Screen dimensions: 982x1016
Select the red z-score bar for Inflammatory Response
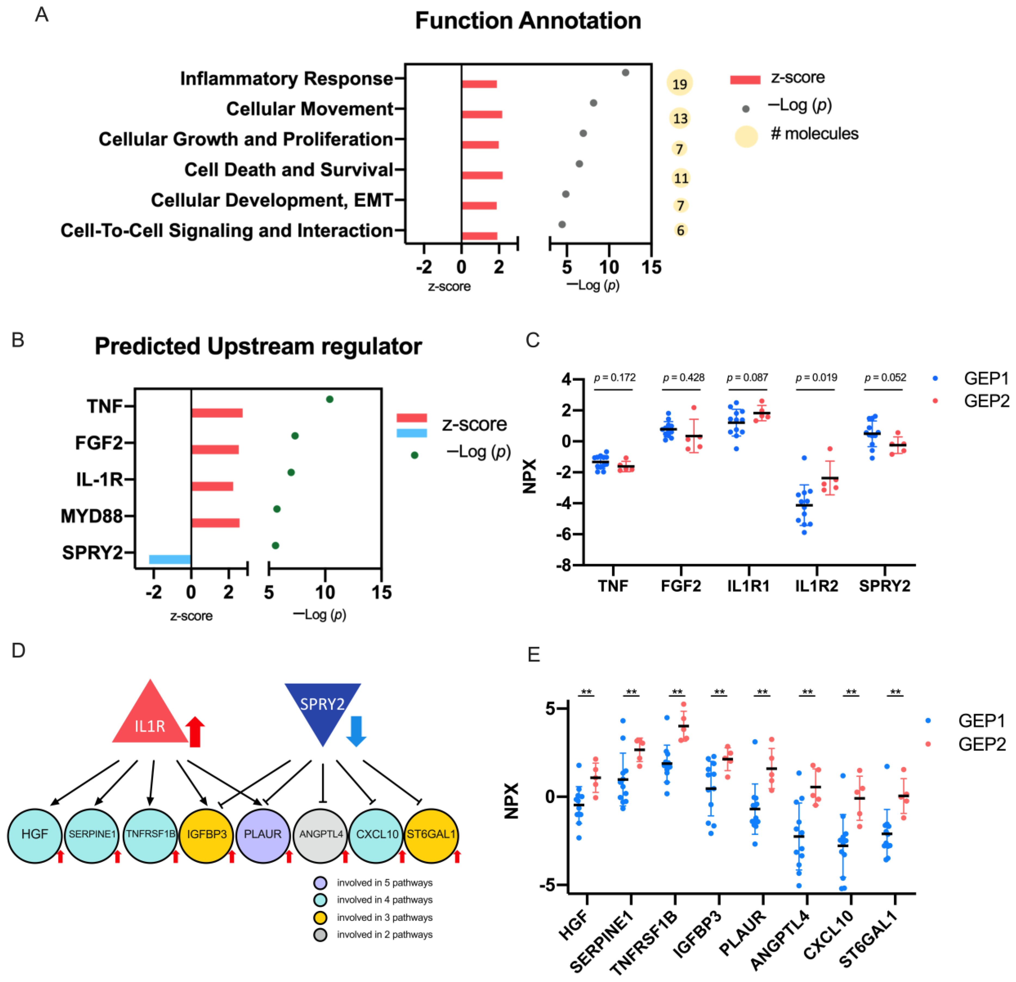pyautogui.click(x=479, y=84)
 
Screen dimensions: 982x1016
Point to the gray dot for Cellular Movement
pyautogui.click(x=594, y=103)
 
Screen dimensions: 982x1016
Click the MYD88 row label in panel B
pyautogui.click(x=92, y=516)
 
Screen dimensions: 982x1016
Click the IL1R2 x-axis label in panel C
pyautogui.click(x=817, y=586)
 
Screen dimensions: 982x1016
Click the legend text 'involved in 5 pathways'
pyautogui.click(x=385, y=883)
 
